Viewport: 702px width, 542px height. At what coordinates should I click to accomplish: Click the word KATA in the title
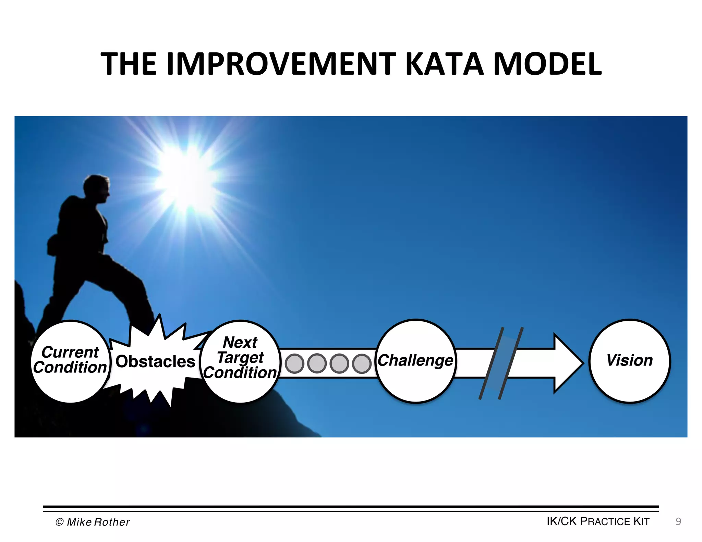[444, 64]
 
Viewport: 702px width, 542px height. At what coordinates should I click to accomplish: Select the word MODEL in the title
[547, 64]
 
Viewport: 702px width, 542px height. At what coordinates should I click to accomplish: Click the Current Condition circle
[70, 361]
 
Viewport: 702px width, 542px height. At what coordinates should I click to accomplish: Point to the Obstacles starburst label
[155, 362]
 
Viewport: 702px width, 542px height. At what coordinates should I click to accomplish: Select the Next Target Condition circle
[240, 361]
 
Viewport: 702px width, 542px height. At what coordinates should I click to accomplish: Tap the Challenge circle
[416, 361]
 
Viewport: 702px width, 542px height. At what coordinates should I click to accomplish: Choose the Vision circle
[629, 361]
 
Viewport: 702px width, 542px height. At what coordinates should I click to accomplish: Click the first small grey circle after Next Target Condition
[294, 364]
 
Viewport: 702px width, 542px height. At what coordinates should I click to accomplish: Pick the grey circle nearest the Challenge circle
[362, 364]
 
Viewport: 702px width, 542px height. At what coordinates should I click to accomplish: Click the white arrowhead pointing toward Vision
[567, 363]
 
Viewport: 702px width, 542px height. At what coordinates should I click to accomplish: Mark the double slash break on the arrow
[501, 363]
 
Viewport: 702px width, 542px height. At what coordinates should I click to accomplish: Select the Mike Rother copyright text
[93, 522]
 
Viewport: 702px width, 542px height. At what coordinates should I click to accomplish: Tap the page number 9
[678, 521]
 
